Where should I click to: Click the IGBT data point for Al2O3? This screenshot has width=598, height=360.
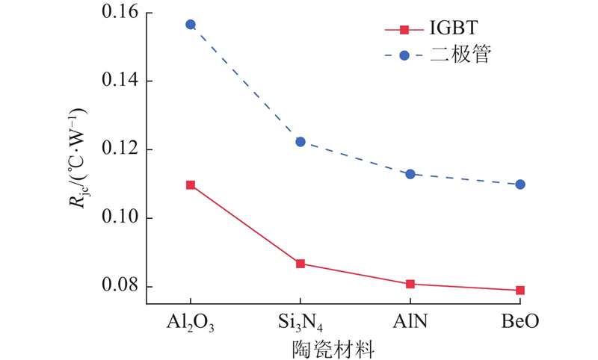coord(191,184)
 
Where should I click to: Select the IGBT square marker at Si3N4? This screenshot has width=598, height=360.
coord(300,264)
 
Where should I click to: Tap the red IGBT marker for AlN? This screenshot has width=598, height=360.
coord(410,284)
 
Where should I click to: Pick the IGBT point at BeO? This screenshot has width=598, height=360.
coord(520,290)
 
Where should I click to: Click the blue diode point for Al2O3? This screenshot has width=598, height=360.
coord(191,25)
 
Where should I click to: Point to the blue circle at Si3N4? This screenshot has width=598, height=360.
coord(300,142)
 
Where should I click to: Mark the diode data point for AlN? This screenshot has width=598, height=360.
coord(410,174)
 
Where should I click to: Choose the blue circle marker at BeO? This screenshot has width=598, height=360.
coord(520,184)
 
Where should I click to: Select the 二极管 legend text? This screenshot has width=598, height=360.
coord(460,55)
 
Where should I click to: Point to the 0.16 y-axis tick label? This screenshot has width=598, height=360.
coord(120,13)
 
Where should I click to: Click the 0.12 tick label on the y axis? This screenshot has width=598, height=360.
coord(120,149)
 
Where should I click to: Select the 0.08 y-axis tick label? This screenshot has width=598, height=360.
coord(120,287)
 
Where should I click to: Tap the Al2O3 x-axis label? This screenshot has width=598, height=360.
coord(191,322)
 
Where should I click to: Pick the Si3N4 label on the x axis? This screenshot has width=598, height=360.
coord(300,322)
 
